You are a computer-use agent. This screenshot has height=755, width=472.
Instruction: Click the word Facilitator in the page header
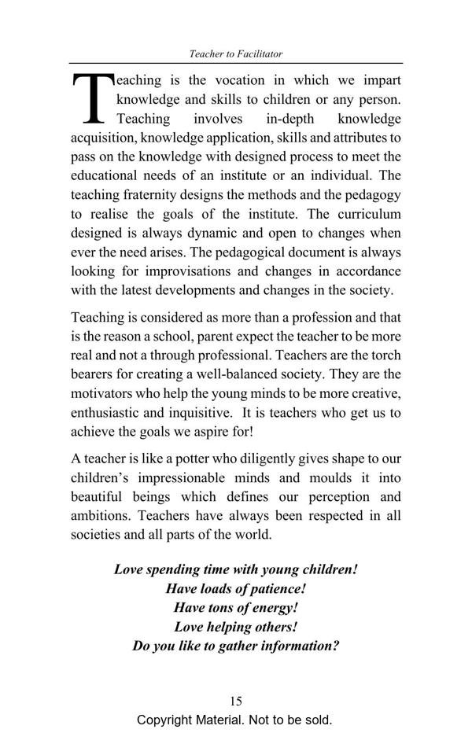tap(258, 54)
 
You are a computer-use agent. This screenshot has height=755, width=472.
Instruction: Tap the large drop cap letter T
tap(91, 98)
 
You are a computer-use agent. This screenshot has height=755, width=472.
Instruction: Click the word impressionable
tap(201, 477)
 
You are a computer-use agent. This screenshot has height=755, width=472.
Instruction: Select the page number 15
tap(236, 702)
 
